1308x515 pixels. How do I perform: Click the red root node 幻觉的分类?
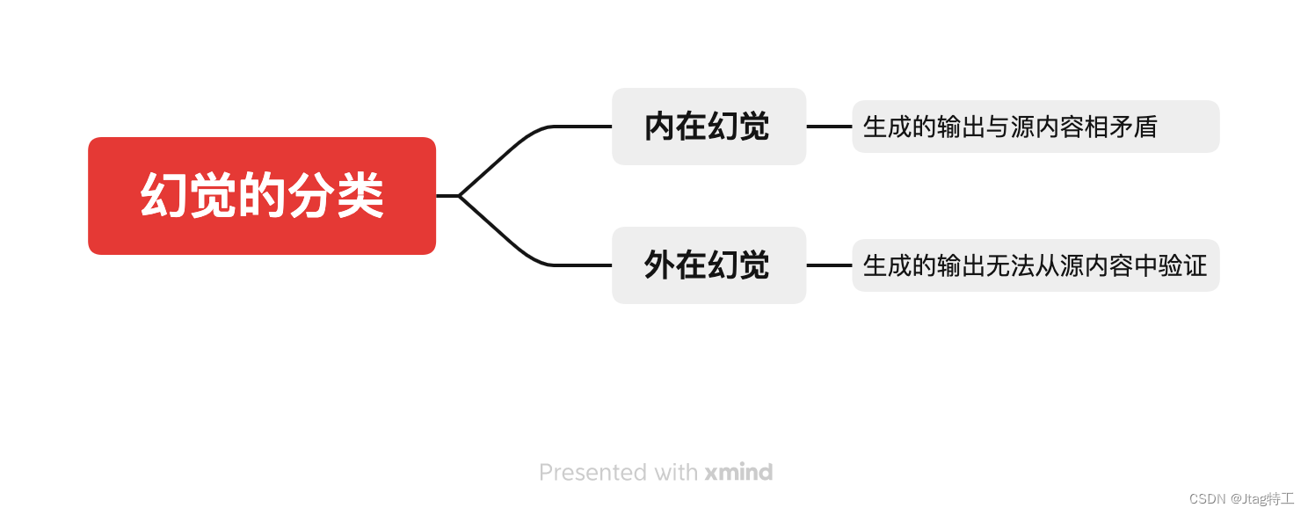[x=262, y=196]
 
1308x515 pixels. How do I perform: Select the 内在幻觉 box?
[x=708, y=127]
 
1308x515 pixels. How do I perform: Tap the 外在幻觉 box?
[x=708, y=265]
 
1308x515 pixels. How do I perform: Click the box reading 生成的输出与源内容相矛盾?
[x=1035, y=127]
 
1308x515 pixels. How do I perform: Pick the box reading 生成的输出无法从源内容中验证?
[x=1035, y=265]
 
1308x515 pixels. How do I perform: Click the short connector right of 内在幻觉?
[x=829, y=127]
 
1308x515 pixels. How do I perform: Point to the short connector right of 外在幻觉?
[x=829, y=265]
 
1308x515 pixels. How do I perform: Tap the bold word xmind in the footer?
[x=738, y=473]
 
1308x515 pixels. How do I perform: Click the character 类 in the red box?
[x=360, y=196]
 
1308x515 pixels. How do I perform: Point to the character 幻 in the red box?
[x=164, y=196]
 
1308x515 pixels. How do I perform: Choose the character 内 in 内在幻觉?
[x=660, y=127]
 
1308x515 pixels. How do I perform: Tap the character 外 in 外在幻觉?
[x=660, y=265]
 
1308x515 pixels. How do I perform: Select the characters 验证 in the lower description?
[x=1183, y=265]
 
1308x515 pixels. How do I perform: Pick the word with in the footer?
[x=675, y=473]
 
